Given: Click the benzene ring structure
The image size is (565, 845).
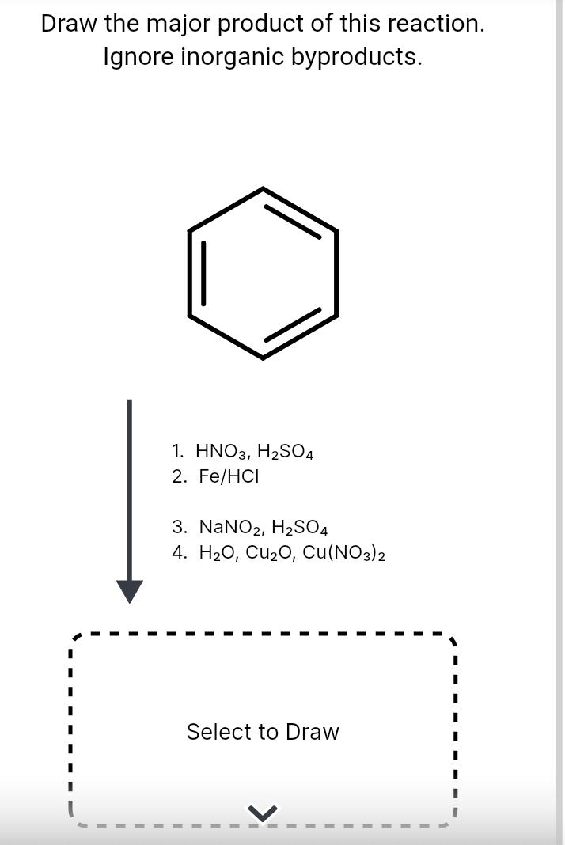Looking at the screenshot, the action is (263, 274).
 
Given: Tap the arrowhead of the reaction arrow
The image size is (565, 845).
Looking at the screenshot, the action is (131, 590).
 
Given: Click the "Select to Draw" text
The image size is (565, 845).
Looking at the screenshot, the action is (263, 732).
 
